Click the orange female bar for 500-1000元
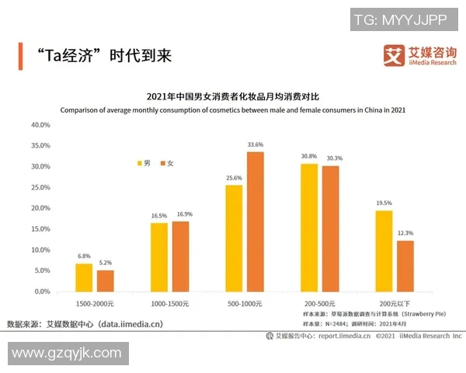[256, 221]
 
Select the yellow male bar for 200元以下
[384, 250]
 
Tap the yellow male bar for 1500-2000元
[84, 277]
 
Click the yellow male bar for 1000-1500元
[158, 256]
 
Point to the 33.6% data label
[256, 145]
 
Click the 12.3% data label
[405, 233]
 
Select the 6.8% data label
[84, 256]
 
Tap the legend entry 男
[143, 163]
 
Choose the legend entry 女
[166, 163]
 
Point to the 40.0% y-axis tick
[40, 124]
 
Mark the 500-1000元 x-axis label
[245, 302]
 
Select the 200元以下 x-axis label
[395, 302]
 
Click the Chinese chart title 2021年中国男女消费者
[232, 97]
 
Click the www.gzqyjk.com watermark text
[66, 354]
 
